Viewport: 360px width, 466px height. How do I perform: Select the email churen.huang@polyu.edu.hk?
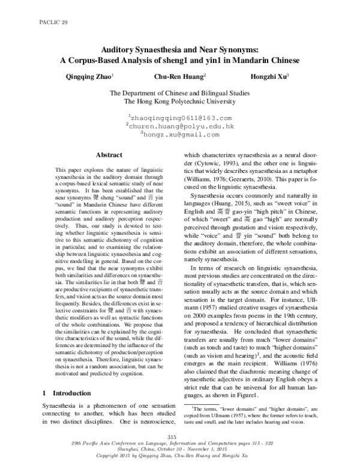point(181,127)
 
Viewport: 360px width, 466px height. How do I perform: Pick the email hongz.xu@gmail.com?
point(181,135)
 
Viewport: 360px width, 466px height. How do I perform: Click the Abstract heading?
point(109,155)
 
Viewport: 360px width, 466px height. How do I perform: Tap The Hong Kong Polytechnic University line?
point(181,103)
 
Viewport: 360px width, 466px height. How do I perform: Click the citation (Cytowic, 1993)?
point(214,163)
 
